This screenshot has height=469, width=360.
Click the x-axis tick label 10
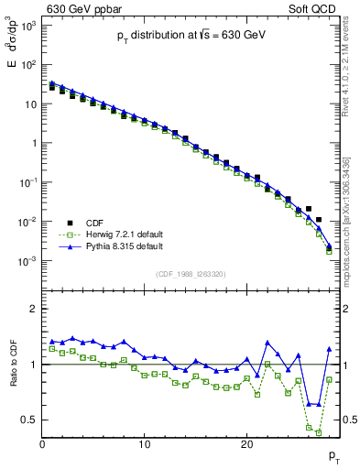click(145, 444)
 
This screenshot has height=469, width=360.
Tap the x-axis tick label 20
click(246, 444)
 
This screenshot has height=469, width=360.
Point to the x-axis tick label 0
click(42, 444)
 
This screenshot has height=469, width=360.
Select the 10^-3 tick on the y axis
click(28, 261)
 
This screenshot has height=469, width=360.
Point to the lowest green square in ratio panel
click(319, 431)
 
